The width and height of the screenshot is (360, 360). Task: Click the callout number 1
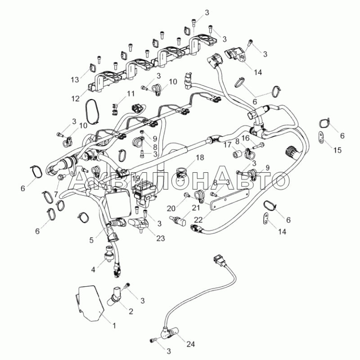click(114, 325)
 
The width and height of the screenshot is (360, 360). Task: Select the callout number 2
click(131, 311)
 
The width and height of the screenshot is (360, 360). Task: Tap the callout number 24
click(191, 344)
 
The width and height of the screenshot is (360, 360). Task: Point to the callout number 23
click(161, 238)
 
